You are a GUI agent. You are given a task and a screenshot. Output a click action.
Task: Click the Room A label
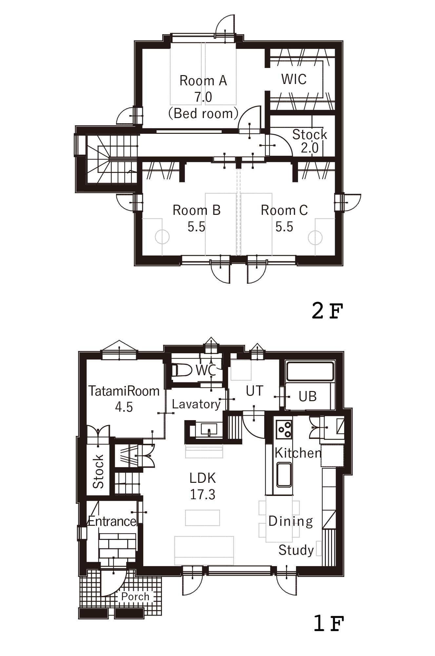pyautogui.click(x=203, y=80)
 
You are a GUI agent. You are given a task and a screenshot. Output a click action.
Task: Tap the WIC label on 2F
pyautogui.click(x=294, y=79)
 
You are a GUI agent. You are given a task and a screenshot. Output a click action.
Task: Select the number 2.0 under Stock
pyautogui.click(x=310, y=148)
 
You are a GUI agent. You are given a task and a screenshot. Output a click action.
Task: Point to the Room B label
pyautogui.click(x=196, y=210)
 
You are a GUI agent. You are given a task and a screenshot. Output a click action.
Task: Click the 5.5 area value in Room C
pyautogui.click(x=284, y=227)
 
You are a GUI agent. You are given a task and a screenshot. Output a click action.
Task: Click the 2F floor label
pyautogui.click(x=327, y=311)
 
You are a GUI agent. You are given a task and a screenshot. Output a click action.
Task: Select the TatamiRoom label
pyautogui.click(x=124, y=391)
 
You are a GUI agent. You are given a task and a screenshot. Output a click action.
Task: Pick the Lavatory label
pyautogui.click(x=196, y=404)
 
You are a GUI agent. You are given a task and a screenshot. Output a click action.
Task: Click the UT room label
pyautogui.click(x=255, y=391)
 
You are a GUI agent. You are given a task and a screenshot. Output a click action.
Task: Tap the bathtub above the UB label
pyautogui.click(x=310, y=371)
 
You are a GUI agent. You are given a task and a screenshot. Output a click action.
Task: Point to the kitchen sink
pyautogui.click(x=284, y=474)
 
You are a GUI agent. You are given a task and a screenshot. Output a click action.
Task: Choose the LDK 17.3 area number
pyautogui.click(x=203, y=494)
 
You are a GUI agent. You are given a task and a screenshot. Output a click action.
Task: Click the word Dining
pyautogui.click(x=291, y=521)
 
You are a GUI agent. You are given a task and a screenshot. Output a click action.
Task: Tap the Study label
pyautogui.click(x=296, y=550)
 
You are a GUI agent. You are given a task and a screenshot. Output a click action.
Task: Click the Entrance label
pyautogui.click(x=112, y=521)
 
